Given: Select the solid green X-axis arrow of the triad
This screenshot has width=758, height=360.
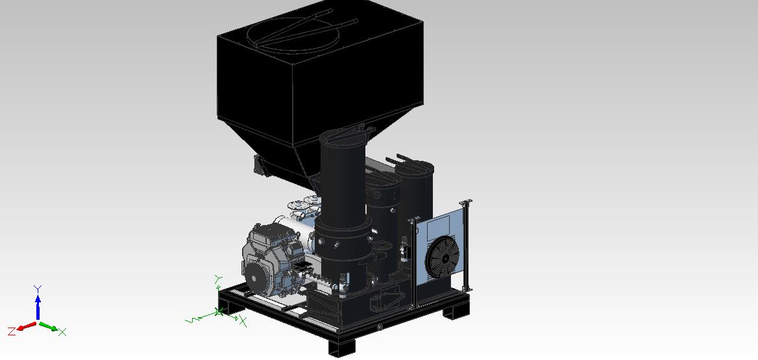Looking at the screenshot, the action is pos(48,327).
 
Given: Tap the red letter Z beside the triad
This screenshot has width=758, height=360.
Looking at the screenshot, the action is pos(12,331).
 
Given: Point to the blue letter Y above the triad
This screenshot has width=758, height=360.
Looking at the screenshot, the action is pos(38,289).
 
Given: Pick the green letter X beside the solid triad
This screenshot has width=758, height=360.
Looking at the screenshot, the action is pos(62,332).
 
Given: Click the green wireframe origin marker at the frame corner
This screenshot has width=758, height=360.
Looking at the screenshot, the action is pos(219,312).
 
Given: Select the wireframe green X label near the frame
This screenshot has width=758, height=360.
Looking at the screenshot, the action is pos(243,321).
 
